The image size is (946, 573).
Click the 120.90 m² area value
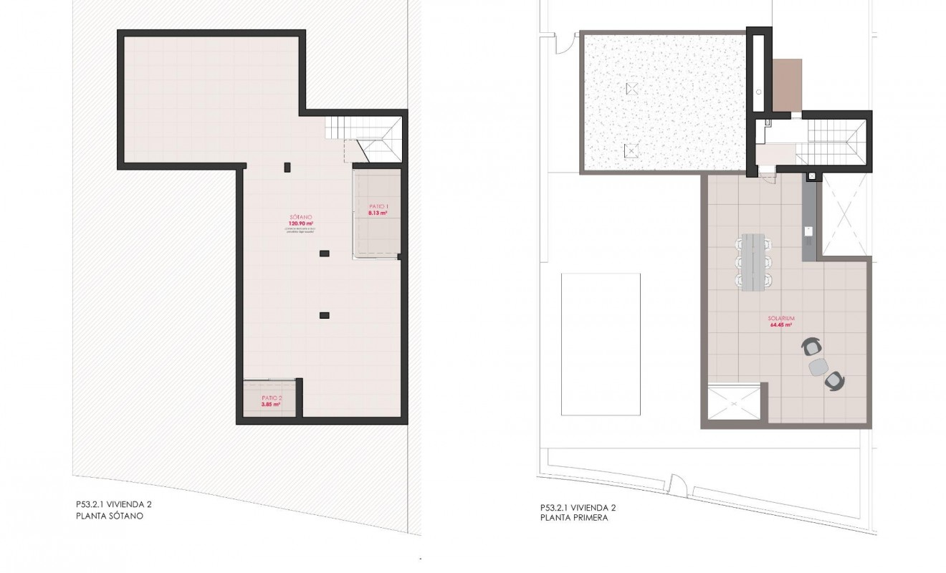click(x=301, y=223)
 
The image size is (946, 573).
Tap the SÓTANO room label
click(x=301, y=216)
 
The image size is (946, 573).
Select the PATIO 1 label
click(x=378, y=207)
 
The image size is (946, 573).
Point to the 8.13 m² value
click(x=378, y=213)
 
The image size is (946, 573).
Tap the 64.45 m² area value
click(x=780, y=324)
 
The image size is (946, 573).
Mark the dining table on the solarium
click(x=752, y=262)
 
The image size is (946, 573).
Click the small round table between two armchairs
click(x=818, y=367)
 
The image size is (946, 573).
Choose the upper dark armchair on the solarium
click(x=812, y=348)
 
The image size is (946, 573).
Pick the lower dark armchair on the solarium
click(x=834, y=380)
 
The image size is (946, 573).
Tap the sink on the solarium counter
click(x=807, y=231)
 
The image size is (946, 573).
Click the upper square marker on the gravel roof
click(x=631, y=89)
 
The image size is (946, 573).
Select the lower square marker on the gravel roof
click(x=631, y=150)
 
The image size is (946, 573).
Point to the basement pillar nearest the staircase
click(x=287, y=167)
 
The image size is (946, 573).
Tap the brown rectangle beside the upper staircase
click(x=787, y=85)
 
